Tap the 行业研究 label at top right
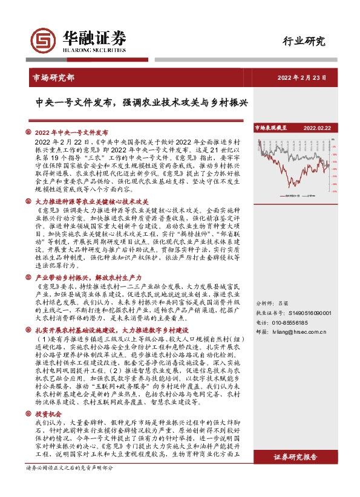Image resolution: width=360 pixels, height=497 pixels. [304, 42]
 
